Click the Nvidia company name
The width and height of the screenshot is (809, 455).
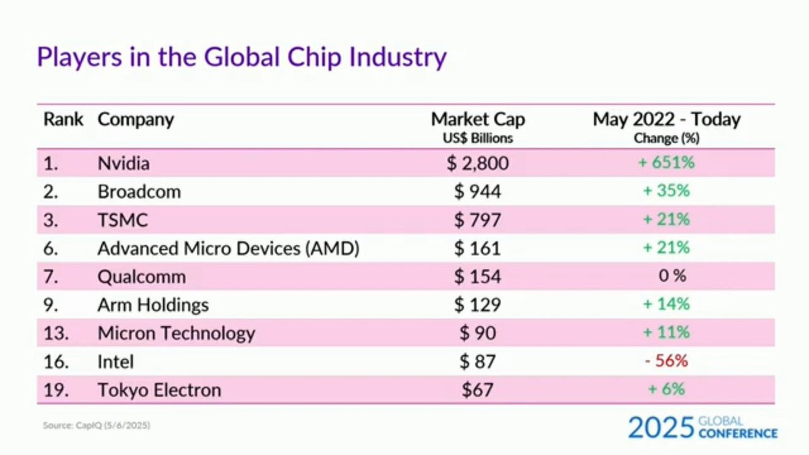[x=123, y=163]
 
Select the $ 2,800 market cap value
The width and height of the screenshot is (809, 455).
[x=477, y=163]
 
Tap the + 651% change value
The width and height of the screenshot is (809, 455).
[x=666, y=163]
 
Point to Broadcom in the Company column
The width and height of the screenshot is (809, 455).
[x=139, y=191]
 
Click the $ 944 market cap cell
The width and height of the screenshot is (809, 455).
[x=477, y=191]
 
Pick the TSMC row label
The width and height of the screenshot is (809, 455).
[x=123, y=220]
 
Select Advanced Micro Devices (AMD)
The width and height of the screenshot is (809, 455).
[x=229, y=248]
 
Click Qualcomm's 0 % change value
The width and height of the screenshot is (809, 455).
[x=672, y=276]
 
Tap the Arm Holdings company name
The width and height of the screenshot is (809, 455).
[x=153, y=305]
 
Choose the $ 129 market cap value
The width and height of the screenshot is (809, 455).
[x=477, y=305]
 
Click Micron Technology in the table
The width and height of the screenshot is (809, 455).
[x=177, y=333]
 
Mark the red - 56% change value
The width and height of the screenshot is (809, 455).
[x=666, y=361]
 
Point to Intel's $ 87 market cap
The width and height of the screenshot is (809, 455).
[x=477, y=361]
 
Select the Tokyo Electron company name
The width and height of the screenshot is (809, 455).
[x=159, y=390]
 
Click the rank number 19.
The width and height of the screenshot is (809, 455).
[x=56, y=390]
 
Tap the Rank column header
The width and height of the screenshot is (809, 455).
[x=63, y=120]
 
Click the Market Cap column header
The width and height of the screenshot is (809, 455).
[x=478, y=120]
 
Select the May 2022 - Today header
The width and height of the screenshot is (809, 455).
[x=667, y=120]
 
